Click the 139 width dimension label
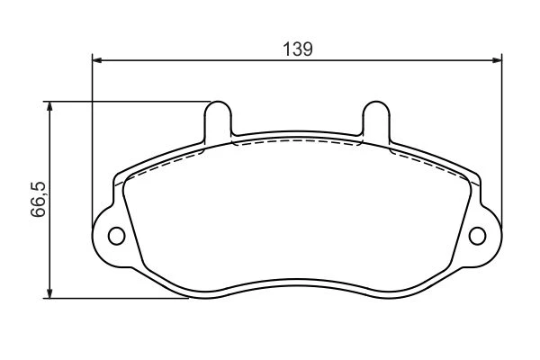(298, 49)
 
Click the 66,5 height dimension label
(38, 199)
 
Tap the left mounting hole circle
(116, 236)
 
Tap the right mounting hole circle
(477, 236)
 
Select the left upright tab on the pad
(218, 121)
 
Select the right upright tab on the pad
(376, 121)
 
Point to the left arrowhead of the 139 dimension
(97, 60)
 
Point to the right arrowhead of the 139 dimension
(497, 60)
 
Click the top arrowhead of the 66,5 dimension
(49, 106)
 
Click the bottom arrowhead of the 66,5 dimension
(49, 293)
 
